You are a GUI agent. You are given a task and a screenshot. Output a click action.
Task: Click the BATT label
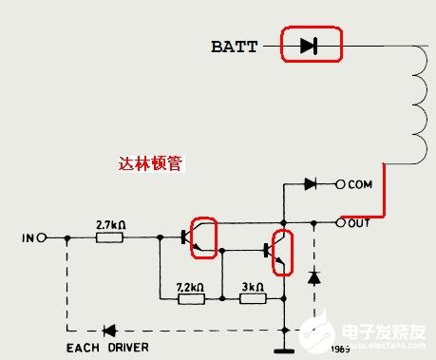234,46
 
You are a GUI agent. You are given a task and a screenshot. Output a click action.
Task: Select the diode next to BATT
308,45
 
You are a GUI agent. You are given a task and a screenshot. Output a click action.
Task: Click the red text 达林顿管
149,163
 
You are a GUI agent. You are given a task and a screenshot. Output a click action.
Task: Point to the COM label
362,184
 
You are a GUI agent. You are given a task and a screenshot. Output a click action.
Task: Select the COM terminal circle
342,184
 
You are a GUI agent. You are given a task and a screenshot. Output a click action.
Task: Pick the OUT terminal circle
341,223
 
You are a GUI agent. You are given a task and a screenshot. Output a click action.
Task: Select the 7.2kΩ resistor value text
193,286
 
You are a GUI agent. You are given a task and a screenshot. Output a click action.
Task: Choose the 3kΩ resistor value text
253,286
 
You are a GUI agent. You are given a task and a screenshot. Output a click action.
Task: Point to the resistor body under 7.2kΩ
192,299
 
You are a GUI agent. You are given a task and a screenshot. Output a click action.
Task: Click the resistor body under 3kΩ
252,299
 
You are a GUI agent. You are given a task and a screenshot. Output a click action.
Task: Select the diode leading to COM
310,184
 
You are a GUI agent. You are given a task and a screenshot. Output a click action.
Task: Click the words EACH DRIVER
106,348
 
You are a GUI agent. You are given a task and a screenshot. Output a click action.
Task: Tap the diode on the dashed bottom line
109,331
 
